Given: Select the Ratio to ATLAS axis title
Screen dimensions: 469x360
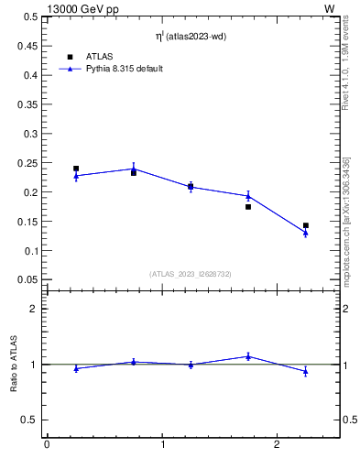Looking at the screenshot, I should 14,364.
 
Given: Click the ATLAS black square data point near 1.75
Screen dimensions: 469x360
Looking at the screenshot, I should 248,207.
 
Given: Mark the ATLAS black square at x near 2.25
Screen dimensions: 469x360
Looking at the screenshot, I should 306,225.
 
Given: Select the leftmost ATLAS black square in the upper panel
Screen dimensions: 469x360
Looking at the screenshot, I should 76,169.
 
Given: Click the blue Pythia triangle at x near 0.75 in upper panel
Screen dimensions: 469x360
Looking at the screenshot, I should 134,169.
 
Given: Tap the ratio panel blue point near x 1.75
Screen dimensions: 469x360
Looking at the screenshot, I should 248,356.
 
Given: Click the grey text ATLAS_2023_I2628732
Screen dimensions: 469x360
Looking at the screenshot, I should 191,273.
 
